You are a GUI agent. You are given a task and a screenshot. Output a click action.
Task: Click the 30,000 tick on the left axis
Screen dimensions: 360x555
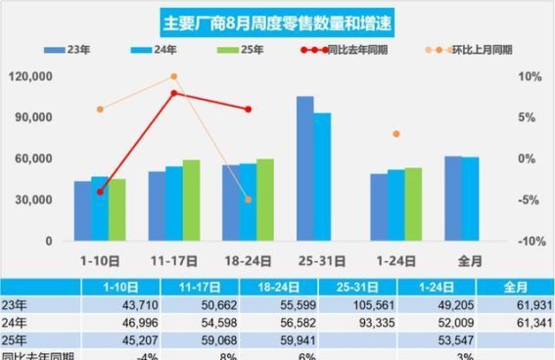33,200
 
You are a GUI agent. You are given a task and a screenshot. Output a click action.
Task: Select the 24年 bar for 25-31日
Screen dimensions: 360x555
322,176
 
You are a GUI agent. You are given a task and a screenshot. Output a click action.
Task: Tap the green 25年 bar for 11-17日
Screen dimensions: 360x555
191,200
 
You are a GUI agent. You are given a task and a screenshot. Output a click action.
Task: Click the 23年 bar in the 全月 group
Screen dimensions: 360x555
452,198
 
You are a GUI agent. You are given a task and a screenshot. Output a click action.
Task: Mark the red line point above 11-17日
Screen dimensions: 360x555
173,93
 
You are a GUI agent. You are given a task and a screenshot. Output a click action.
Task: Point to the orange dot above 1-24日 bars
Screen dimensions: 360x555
394,133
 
